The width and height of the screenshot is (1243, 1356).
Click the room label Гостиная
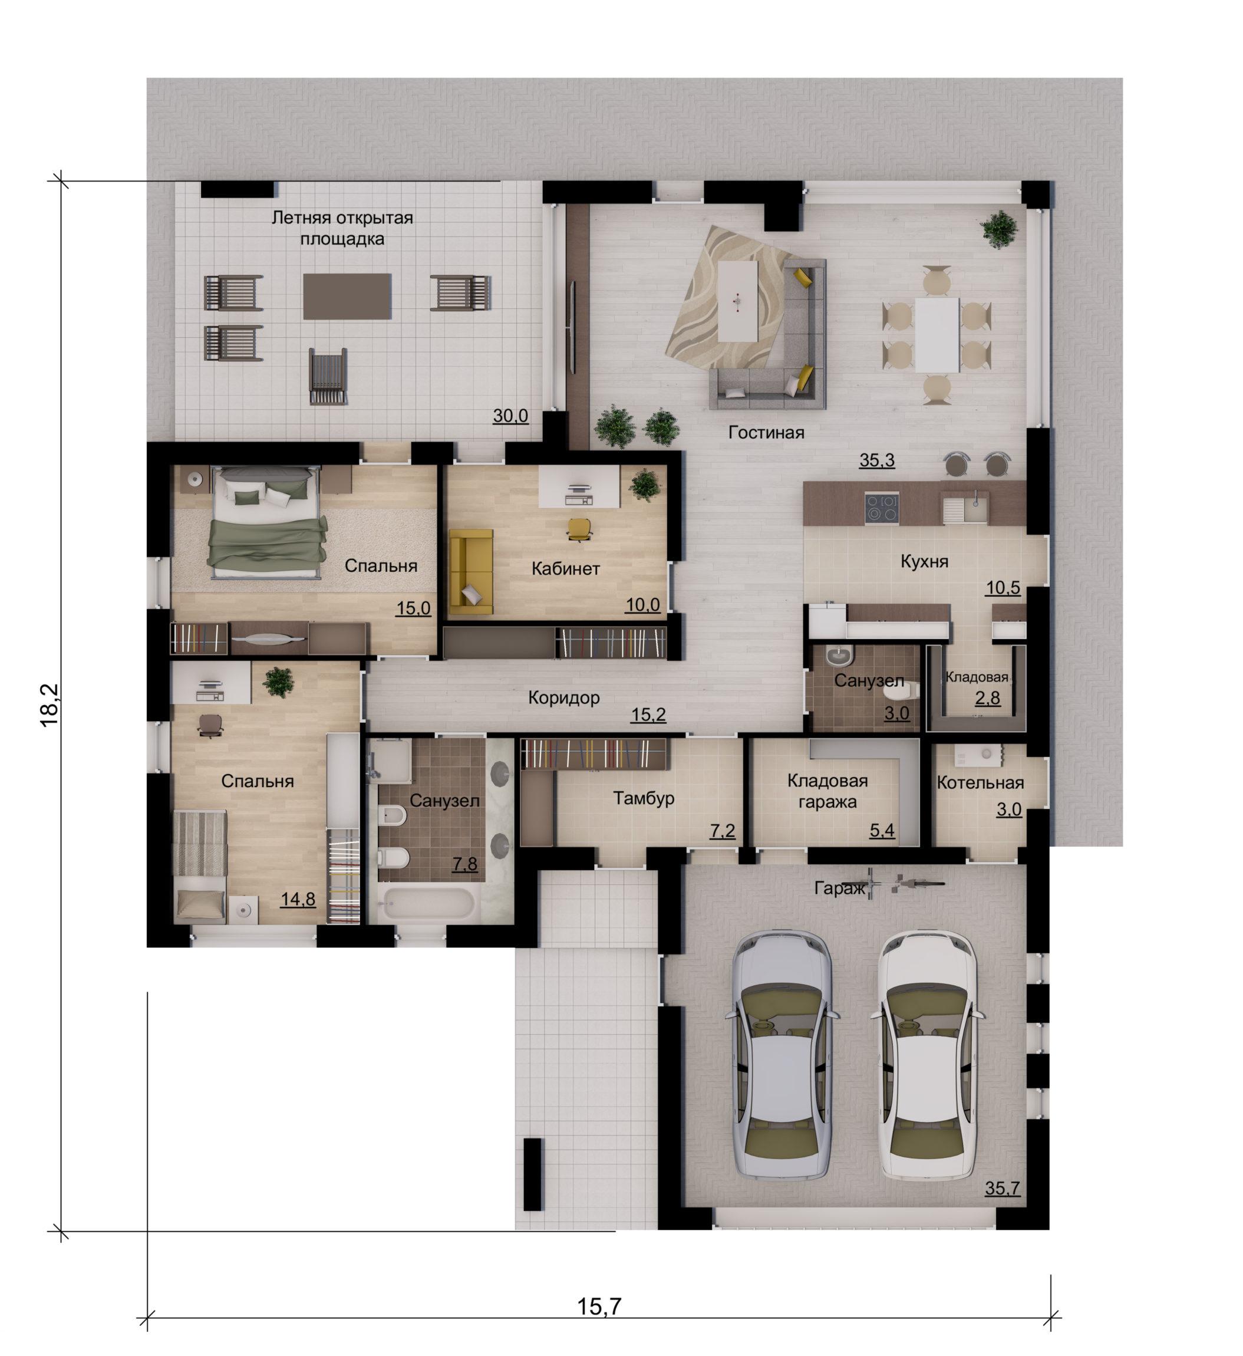tap(766, 433)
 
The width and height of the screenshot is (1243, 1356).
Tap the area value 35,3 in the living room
tap(877, 461)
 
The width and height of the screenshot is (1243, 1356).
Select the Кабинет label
tap(566, 570)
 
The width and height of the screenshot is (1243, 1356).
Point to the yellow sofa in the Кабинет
tap(471, 571)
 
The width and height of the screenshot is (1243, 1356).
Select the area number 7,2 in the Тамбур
tap(723, 831)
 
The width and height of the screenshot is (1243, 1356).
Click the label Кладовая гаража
tap(827, 791)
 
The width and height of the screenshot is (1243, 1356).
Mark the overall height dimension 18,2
tap(51, 705)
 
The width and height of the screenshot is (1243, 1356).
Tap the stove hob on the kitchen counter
tap(882, 508)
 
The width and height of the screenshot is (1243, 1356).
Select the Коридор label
tap(563, 698)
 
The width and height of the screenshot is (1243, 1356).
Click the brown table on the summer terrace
tap(347, 296)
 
